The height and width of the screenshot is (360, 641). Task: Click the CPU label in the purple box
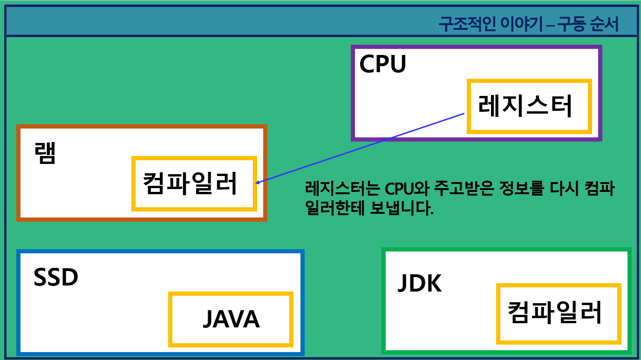click(x=382, y=64)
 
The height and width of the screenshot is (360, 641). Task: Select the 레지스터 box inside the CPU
click(x=529, y=106)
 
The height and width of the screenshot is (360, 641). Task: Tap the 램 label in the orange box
click(x=45, y=153)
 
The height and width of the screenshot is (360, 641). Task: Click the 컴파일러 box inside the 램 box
click(x=194, y=183)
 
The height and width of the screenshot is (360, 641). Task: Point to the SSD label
click(x=55, y=278)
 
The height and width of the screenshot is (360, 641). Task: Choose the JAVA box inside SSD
click(x=231, y=319)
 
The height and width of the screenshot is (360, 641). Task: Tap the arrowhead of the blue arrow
click(x=258, y=182)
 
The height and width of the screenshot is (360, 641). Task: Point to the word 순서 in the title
click(x=604, y=25)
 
